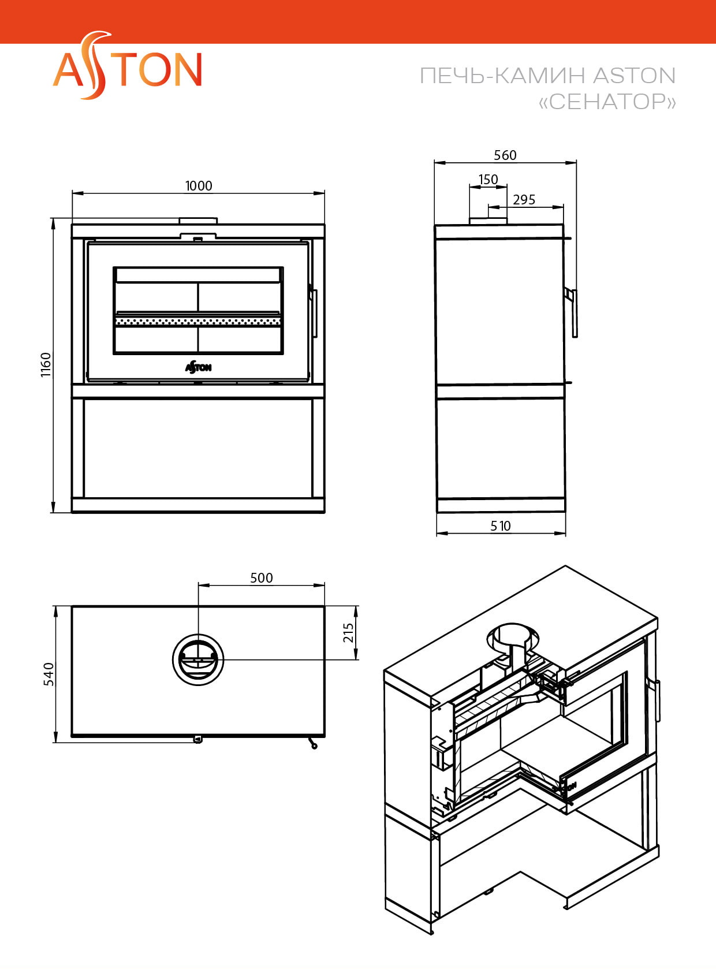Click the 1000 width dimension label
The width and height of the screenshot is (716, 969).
199,186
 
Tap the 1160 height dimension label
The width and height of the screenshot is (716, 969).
46,365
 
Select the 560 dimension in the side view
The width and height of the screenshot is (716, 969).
505,155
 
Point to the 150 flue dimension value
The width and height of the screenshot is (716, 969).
488,180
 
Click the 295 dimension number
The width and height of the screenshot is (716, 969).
524,200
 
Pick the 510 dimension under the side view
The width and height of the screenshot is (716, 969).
501,526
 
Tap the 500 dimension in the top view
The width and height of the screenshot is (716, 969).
261,578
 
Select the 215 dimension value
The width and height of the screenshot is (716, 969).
348,632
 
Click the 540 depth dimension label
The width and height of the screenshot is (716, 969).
49,674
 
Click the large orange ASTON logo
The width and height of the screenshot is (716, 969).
127,65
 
